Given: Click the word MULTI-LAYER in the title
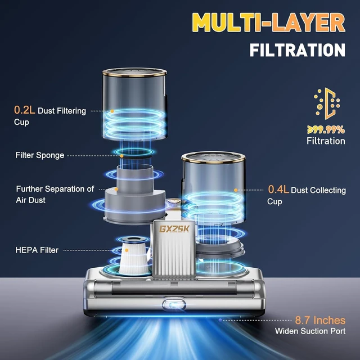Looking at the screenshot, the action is click(x=269, y=22).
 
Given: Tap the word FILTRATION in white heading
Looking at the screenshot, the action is click(x=298, y=50).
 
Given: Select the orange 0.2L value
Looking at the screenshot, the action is click(x=24, y=110).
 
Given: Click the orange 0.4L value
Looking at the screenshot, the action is click(x=278, y=190).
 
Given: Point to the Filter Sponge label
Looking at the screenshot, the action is click(x=40, y=155).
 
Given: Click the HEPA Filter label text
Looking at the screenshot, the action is click(x=37, y=250).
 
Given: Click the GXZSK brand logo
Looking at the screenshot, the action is click(x=174, y=229).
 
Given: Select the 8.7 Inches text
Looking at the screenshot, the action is click(x=320, y=320).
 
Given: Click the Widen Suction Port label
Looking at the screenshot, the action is click(x=310, y=331).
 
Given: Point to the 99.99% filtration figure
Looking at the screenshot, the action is click(x=326, y=130).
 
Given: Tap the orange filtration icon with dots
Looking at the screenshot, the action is click(x=327, y=103).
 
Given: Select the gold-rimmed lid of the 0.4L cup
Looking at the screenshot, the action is click(x=213, y=157).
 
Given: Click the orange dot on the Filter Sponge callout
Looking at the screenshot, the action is click(x=122, y=156).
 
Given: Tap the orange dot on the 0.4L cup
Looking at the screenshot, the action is click(x=236, y=190).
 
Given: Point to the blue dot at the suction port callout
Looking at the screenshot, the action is click(x=220, y=320).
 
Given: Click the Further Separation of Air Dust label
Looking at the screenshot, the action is click(x=55, y=195).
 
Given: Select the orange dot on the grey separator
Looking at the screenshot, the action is click(x=116, y=190).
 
